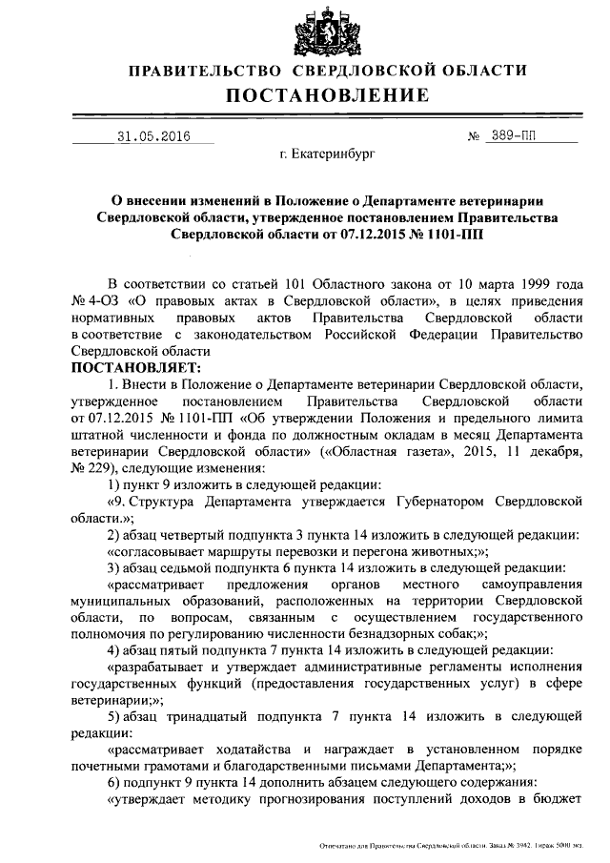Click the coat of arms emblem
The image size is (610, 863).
[x=328, y=32]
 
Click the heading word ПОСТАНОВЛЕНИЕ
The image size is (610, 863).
[x=328, y=95]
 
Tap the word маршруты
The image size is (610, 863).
[x=275, y=552]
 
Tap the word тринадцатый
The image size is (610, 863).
[x=216, y=716]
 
